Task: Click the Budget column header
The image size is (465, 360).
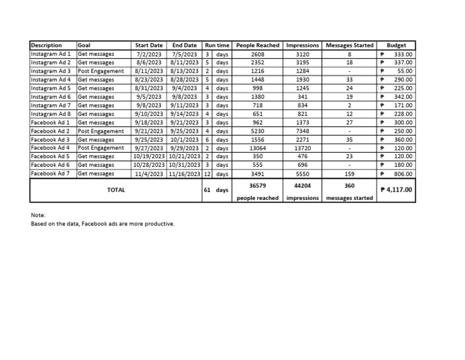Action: (x=397, y=45)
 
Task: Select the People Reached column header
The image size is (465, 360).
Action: (x=257, y=45)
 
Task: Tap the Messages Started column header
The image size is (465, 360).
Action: (x=349, y=45)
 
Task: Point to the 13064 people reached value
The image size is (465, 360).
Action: (x=257, y=148)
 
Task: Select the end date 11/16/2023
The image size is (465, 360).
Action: (x=185, y=173)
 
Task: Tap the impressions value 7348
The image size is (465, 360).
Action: (x=303, y=131)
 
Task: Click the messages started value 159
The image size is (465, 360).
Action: (x=349, y=173)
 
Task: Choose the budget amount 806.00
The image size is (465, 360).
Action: (x=403, y=173)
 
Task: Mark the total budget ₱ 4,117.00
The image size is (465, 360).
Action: (x=397, y=190)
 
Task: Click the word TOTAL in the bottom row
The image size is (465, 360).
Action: (x=116, y=190)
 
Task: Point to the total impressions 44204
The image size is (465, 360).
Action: (x=303, y=185)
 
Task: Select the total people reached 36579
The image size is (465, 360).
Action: (x=257, y=185)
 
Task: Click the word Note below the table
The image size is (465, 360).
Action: (x=38, y=215)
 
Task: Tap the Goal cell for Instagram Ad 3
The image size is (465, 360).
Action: (x=101, y=71)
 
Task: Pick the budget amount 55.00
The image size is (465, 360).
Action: (x=404, y=71)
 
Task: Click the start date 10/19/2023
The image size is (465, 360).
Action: (x=149, y=156)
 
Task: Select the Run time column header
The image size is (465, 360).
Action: (x=217, y=45)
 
